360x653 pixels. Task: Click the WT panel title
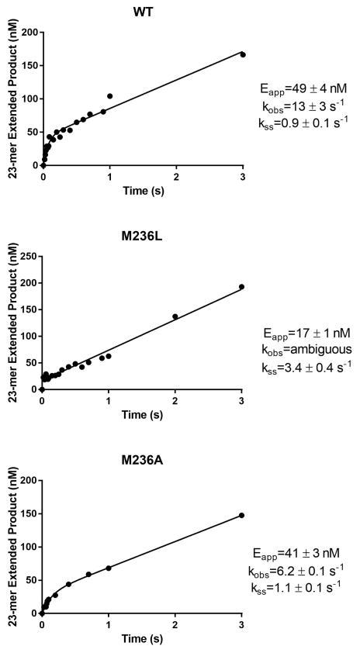tap(143, 12)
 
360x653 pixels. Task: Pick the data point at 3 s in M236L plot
tap(242, 287)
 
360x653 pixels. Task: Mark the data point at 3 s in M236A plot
tap(242, 515)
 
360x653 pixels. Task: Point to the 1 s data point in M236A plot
tap(109, 568)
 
